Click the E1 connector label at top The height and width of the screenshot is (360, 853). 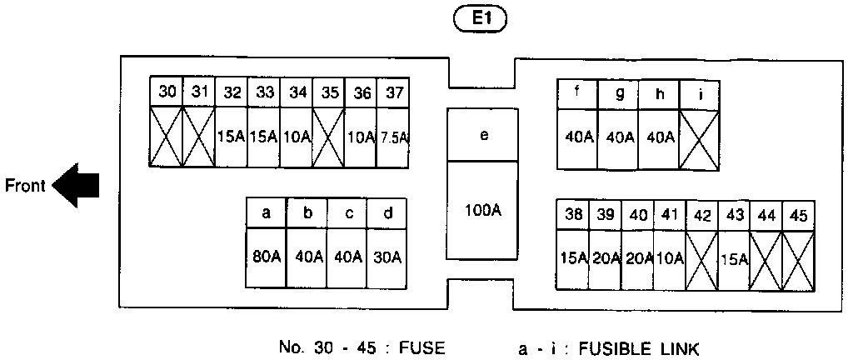pos(478,19)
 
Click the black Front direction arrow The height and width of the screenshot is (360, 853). pos(76,185)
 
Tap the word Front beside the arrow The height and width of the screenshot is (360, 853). pos(25,185)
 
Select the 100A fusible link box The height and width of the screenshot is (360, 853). pos(483,210)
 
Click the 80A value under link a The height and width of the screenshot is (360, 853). pos(266,257)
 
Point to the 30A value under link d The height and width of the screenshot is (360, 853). pos(387,257)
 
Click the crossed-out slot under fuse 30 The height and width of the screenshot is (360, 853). pos(167,137)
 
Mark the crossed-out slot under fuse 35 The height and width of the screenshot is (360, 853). pos(330,137)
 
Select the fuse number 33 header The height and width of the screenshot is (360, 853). pos(265,92)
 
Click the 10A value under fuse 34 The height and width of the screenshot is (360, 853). pos(297,137)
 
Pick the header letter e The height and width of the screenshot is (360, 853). pos(483,135)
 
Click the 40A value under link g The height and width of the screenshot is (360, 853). pos(619,137)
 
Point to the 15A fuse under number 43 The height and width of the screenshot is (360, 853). pos(735,258)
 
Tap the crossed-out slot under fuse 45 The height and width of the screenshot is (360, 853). pos(799,258)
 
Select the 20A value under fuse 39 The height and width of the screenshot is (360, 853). pos(606,258)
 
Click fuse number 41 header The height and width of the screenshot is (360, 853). pos(670,215)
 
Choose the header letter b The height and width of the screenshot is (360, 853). pos(307,213)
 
